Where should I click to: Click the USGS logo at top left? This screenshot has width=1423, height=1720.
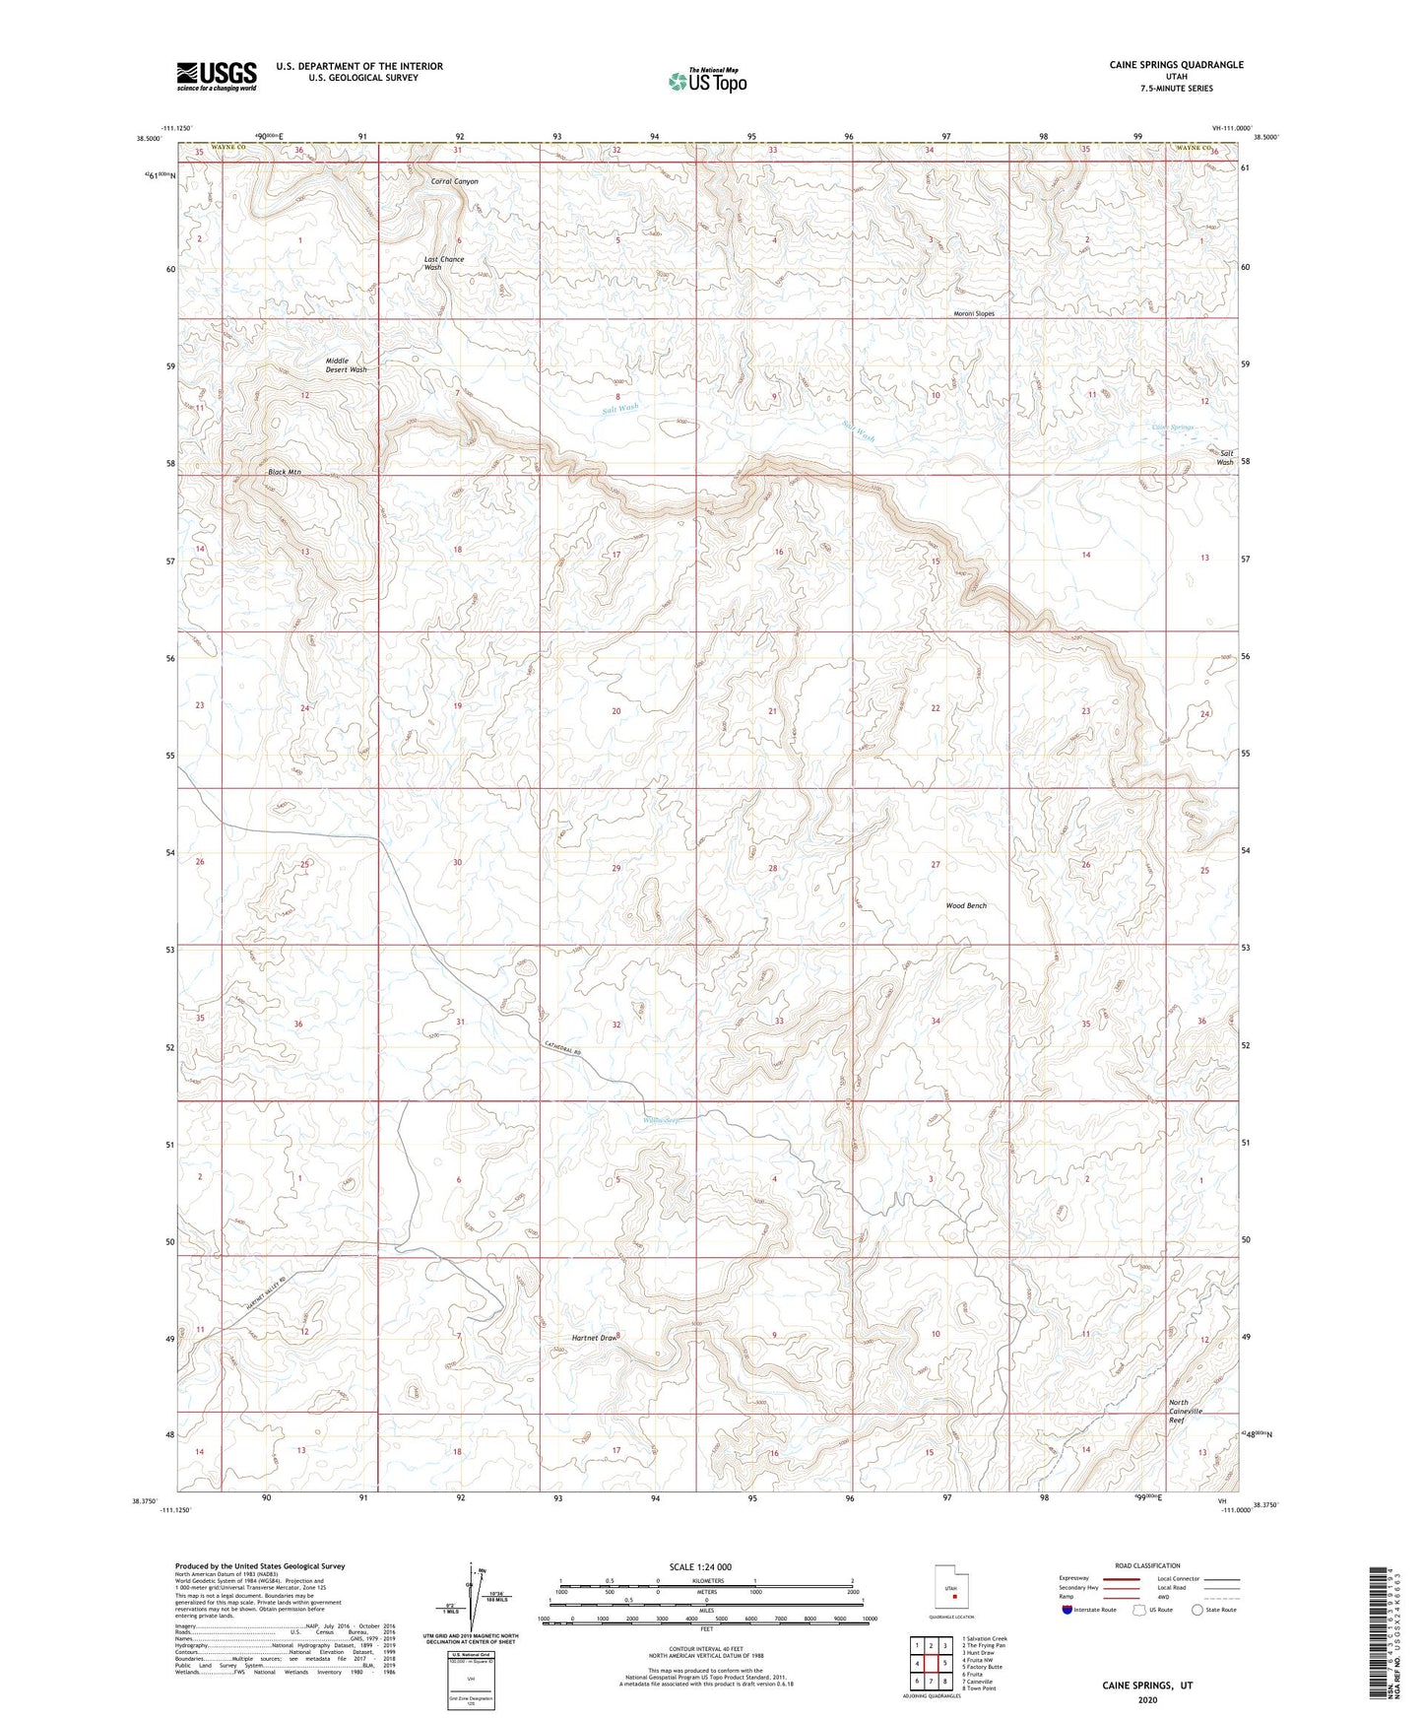(x=217, y=76)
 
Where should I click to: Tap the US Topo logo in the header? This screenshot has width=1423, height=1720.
(x=707, y=81)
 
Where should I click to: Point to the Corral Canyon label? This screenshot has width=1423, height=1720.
(x=455, y=182)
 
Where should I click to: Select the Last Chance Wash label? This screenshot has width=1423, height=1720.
(x=443, y=264)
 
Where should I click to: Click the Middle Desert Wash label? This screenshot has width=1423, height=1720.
(x=346, y=365)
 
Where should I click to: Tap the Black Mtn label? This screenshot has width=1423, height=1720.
(x=285, y=473)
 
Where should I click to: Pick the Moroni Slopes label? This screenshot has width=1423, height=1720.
(x=974, y=314)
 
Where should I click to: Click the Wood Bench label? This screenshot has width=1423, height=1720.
(x=966, y=906)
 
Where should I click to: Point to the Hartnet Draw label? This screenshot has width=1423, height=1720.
(x=594, y=1338)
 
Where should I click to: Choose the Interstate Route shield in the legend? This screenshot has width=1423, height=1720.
(x=1067, y=1610)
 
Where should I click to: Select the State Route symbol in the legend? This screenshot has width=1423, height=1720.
(x=1197, y=1610)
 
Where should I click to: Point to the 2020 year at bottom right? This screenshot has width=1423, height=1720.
(x=1148, y=1699)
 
